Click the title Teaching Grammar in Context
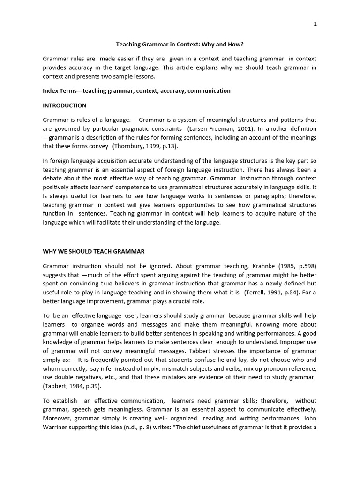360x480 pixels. (x=180, y=45)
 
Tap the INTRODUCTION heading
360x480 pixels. (x=65, y=105)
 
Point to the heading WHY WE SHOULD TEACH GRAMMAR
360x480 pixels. (x=94, y=251)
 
